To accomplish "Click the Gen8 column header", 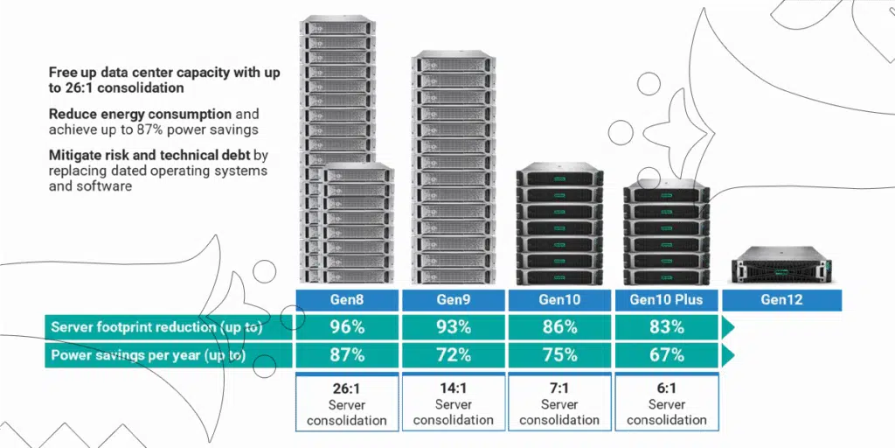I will click(x=347, y=300).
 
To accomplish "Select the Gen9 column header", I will click(x=454, y=300).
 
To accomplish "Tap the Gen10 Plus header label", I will click(x=666, y=300).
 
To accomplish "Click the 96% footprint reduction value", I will click(x=347, y=327).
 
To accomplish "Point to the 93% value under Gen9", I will click(x=454, y=327).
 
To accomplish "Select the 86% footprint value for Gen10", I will click(x=559, y=327).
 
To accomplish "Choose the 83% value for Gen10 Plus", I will click(x=666, y=327).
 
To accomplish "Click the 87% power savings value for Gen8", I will click(x=347, y=355).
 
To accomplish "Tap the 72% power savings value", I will click(x=454, y=355).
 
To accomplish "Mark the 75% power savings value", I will click(x=559, y=355).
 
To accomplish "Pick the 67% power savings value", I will click(x=666, y=355).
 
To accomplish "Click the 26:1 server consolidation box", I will click(x=347, y=402).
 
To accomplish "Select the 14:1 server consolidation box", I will click(x=454, y=402).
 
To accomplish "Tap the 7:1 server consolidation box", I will click(x=559, y=402).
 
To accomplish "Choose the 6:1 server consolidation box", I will click(x=666, y=402).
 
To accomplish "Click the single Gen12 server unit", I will click(x=781, y=265).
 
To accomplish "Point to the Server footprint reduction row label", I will click(x=156, y=327).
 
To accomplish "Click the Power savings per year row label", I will click(x=148, y=355).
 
